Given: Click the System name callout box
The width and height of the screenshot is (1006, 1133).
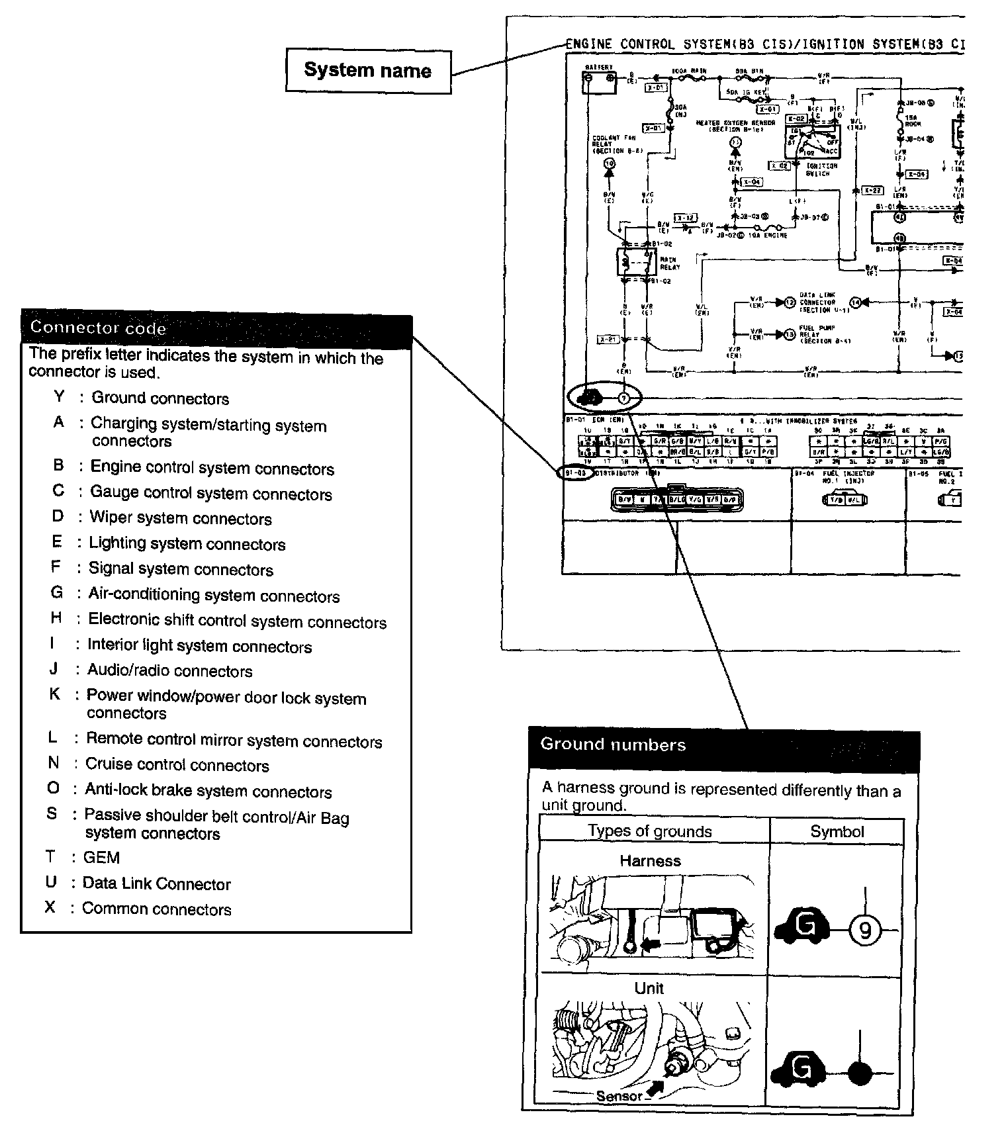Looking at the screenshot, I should pos(368,71).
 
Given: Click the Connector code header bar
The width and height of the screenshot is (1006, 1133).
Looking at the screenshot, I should pos(216,328).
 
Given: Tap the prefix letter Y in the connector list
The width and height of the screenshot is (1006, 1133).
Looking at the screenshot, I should pos(60,396).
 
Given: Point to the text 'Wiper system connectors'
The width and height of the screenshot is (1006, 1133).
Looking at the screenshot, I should pos(181,518).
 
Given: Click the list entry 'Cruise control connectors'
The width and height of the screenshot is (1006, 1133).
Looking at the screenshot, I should pos(177,765).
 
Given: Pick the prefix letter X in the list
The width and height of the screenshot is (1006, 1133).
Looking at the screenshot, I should pos(50,907).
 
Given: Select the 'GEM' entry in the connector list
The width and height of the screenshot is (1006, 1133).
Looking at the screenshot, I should pos(101,858).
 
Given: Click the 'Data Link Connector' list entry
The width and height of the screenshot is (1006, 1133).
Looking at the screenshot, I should pos(156,884).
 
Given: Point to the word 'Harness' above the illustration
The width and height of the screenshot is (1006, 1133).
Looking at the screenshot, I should pos(650,861).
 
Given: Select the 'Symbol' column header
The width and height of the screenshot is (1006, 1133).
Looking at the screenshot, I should pos(837,832).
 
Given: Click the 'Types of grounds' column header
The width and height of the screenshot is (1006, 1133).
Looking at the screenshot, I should pos(649,832).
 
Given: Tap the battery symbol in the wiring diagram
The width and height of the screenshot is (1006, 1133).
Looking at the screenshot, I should pos(600,80).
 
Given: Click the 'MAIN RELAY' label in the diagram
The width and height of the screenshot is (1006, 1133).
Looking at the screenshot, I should pos(670,263).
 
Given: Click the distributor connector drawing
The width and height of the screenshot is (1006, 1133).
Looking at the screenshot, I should pos(676,500).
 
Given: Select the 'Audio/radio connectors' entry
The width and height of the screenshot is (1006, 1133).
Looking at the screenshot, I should pos(169,671).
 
